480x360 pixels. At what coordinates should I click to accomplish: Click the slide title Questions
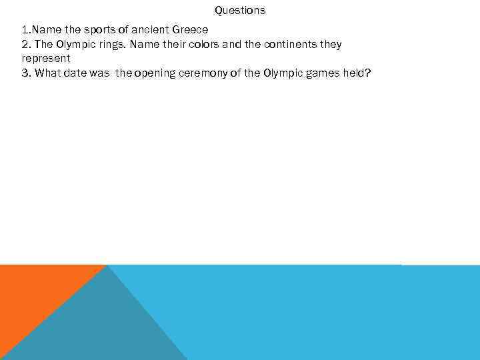[x=240, y=10]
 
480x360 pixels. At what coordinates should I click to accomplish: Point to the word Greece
[x=192, y=30]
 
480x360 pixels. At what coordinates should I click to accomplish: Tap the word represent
[x=45, y=58]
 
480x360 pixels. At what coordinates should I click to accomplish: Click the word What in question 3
[x=47, y=72]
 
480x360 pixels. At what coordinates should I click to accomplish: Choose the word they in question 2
[x=330, y=44]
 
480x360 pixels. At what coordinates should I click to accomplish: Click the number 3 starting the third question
[x=25, y=72]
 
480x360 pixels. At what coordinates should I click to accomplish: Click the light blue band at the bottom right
[x=333, y=313]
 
